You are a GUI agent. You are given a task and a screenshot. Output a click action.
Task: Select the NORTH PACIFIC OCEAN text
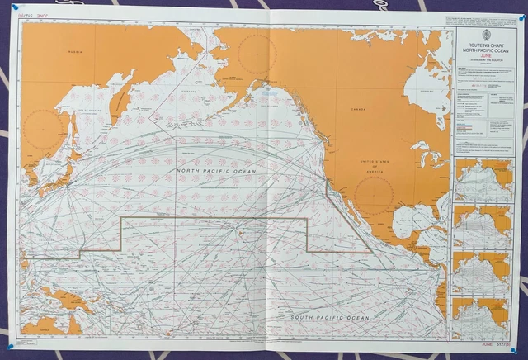point(216,171)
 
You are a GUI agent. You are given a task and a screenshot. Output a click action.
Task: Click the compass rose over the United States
point(374,196)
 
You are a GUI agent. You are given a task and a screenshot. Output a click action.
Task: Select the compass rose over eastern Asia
point(43,130)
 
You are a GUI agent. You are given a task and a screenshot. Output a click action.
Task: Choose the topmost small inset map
point(483,179)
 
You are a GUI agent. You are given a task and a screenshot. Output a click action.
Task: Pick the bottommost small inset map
point(483,319)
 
